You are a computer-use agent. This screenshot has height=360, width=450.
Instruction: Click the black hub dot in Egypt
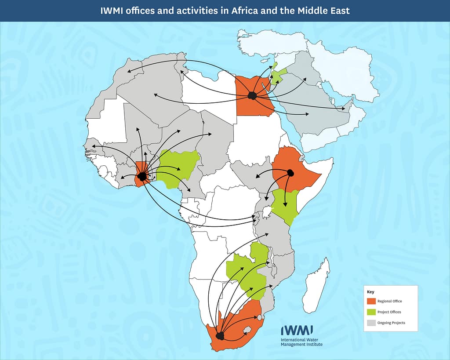[x=252, y=95]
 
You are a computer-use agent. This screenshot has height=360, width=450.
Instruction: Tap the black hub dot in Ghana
[x=142, y=176]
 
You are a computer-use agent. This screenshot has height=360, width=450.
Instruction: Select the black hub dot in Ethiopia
[x=290, y=172]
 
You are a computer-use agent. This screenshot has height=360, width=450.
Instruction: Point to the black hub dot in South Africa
[x=220, y=336]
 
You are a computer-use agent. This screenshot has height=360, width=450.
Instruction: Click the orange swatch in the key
[x=371, y=301]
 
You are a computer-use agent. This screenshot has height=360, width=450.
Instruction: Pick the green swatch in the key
[x=371, y=312]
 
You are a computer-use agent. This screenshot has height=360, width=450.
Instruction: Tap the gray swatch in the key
[x=371, y=323]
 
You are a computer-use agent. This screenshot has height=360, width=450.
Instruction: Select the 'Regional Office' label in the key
[x=389, y=301]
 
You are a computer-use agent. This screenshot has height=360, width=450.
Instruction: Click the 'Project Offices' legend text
[x=389, y=312]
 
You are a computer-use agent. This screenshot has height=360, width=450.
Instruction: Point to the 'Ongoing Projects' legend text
[x=391, y=323]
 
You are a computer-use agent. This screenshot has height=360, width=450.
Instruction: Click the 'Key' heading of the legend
[x=370, y=291]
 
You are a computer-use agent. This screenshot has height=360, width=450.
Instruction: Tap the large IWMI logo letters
[x=297, y=331]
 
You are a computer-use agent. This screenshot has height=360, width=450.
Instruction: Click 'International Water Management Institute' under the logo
[x=301, y=342]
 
